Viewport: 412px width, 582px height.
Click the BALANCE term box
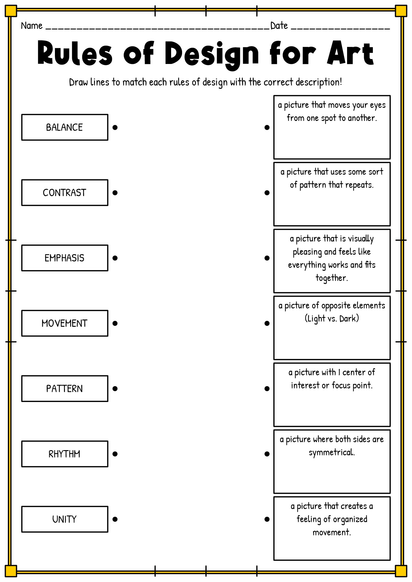click(x=65, y=127)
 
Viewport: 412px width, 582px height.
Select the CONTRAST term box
click(x=65, y=192)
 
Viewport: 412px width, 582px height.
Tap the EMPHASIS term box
click(x=65, y=258)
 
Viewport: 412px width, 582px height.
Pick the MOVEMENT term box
click(x=65, y=323)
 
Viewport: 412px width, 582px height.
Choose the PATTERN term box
click(x=65, y=389)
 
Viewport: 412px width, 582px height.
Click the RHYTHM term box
click(x=65, y=454)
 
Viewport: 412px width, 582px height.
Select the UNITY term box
click(x=65, y=519)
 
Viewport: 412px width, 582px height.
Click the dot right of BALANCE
click(x=115, y=127)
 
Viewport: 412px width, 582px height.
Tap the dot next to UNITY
click(x=115, y=519)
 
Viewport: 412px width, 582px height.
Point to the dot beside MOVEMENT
click(x=115, y=323)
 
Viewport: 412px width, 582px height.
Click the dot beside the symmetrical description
click(x=267, y=454)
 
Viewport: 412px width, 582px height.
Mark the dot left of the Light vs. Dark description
click(x=267, y=323)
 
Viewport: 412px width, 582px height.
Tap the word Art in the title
click(x=350, y=53)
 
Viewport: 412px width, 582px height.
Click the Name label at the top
click(x=32, y=25)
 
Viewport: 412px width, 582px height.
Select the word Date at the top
click(x=279, y=25)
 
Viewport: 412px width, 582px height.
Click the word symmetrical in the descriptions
click(x=332, y=453)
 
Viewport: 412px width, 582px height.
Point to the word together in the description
click(x=332, y=278)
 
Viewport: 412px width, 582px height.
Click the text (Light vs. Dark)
click(x=332, y=319)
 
